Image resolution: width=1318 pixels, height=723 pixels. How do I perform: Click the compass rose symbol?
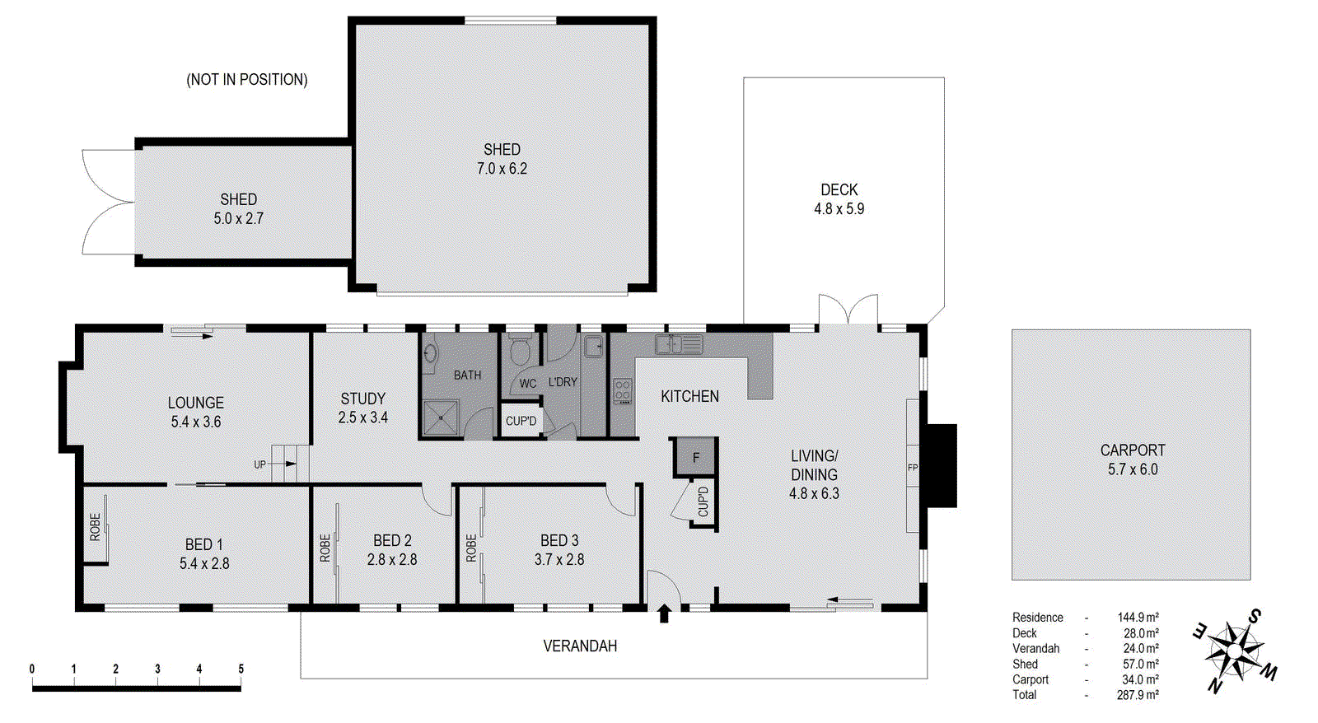click(1233, 651)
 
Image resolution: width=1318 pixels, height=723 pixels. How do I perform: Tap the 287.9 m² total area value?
click(1138, 695)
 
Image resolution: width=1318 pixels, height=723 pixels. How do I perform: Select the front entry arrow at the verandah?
click(664, 614)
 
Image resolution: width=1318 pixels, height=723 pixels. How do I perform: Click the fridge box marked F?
click(696, 458)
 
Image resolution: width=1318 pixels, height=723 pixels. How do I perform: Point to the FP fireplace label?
click(913, 468)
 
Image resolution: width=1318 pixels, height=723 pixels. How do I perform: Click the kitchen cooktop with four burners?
click(623, 391)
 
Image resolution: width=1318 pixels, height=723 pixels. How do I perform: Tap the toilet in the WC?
click(519, 350)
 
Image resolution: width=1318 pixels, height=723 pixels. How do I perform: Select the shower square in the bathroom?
click(442, 417)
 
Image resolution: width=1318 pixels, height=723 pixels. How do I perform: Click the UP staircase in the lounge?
click(290, 464)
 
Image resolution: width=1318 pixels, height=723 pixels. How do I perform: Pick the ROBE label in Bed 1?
click(95, 527)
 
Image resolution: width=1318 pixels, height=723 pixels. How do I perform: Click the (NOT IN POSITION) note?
click(247, 80)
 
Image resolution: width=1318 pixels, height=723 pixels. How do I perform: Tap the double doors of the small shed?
click(107, 202)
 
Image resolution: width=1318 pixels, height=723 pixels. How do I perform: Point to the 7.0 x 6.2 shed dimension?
click(502, 169)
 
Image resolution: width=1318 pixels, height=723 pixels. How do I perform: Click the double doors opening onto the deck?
click(848, 310)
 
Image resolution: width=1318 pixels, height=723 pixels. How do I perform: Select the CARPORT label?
click(1133, 450)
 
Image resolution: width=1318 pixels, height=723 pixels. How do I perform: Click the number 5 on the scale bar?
click(241, 669)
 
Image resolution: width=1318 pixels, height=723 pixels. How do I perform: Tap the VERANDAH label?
click(580, 646)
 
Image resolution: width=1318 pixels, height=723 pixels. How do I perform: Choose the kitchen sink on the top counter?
click(679, 344)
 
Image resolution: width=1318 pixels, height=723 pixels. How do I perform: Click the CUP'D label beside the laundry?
click(521, 422)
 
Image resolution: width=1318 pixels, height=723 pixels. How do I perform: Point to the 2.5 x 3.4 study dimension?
click(362, 417)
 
